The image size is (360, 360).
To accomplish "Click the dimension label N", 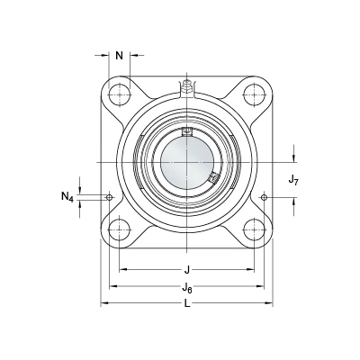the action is click(120, 56).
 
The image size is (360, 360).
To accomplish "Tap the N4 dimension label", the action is click(67, 197).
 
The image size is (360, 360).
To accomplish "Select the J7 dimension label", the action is click(293, 180).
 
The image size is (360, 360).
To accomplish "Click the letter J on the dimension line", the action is click(187, 270).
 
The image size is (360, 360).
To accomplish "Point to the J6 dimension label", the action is click(187, 288).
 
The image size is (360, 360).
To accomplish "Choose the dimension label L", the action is click(187, 304).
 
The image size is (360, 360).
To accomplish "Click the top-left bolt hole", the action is click(120, 94).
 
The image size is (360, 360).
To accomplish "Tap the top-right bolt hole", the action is click(255, 94).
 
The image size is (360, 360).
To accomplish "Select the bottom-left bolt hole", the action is click(120, 229).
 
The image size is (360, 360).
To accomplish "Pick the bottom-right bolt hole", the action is click(255, 229).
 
